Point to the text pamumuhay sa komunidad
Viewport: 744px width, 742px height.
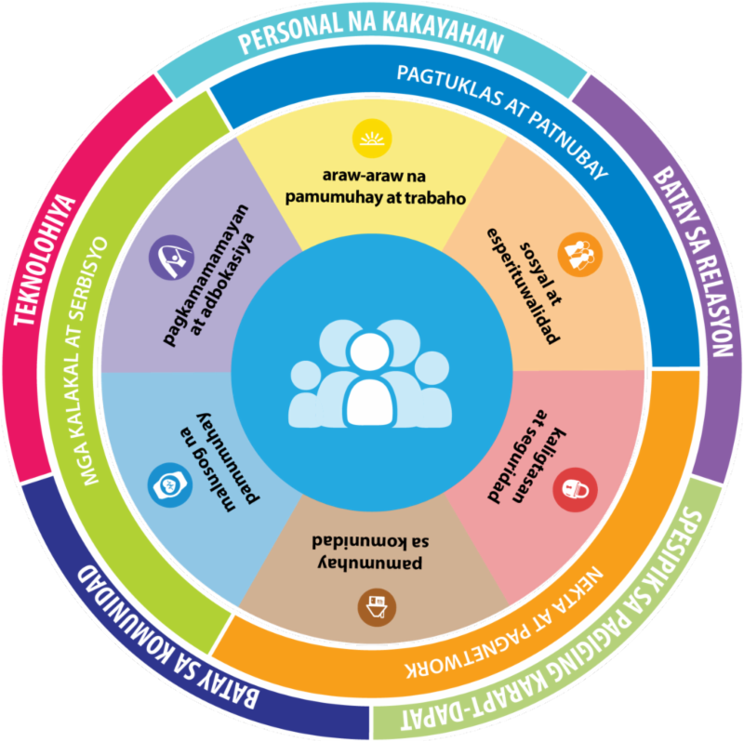pyautogui.click(x=372, y=550)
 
